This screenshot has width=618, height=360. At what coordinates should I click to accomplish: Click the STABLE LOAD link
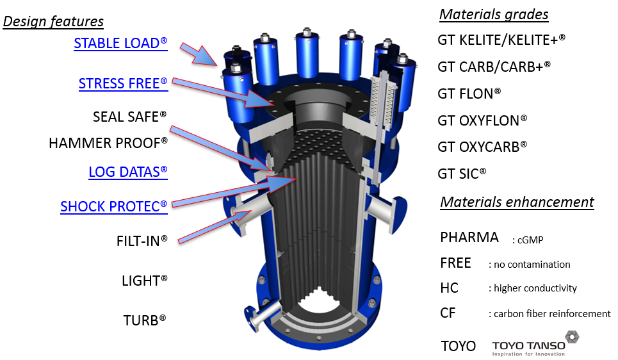tap(120, 44)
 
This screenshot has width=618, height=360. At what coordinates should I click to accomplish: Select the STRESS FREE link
tap(123, 83)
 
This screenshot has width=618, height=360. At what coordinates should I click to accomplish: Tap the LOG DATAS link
tap(128, 172)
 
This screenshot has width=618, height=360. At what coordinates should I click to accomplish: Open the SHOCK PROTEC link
tap(114, 207)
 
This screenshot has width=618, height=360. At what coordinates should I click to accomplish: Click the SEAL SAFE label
tap(129, 117)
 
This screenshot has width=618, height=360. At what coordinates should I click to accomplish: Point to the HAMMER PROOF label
tap(108, 143)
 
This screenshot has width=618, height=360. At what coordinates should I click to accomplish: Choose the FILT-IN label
tap(142, 241)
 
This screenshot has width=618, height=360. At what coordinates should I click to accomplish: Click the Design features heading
tap(53, 21)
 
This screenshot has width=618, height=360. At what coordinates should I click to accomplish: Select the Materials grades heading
tap(494, 15)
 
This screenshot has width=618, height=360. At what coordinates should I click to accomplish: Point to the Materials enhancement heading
tap(517, 202)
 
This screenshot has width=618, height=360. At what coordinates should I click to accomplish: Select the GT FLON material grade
tap(469, 94)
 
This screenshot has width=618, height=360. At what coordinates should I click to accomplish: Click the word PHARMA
tap(469, 238)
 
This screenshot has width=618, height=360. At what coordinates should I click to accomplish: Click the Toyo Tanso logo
tap(537, 344)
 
